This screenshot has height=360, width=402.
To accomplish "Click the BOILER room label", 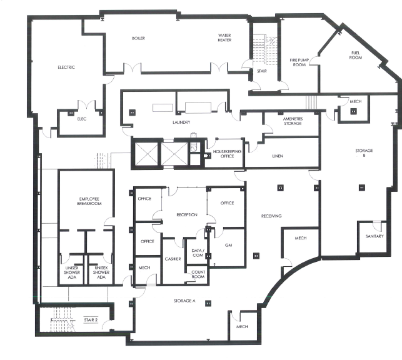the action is point(138,38).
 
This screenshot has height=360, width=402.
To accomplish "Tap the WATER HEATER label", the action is point(224,37).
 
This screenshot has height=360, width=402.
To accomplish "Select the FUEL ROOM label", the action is point(356,56).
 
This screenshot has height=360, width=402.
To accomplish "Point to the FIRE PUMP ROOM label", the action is point(299,62).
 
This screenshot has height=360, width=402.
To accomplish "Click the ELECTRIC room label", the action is point(66,67).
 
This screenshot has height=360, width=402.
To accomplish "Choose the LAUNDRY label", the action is point(181,122).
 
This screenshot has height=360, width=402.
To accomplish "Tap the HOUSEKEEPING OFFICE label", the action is point(227,154).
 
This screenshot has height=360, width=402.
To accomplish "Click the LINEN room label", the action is point(278,156).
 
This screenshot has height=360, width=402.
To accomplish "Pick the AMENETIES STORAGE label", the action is point(293,121).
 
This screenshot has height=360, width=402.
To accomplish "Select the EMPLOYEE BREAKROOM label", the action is point(89,201).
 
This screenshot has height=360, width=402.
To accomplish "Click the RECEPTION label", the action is point(187,215).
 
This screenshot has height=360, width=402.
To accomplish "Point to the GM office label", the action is point(228,245).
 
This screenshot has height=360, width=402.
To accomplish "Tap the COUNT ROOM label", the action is point(198,274).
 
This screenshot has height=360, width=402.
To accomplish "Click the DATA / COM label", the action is point(198,253).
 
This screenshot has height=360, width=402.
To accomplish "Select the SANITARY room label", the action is point(374,236).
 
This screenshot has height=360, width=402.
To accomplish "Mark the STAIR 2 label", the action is point(91,320).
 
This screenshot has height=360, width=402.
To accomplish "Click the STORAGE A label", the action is point(184,301).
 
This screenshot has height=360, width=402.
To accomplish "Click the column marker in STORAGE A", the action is point(208,303).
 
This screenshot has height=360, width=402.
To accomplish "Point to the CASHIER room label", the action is point(173,259).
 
